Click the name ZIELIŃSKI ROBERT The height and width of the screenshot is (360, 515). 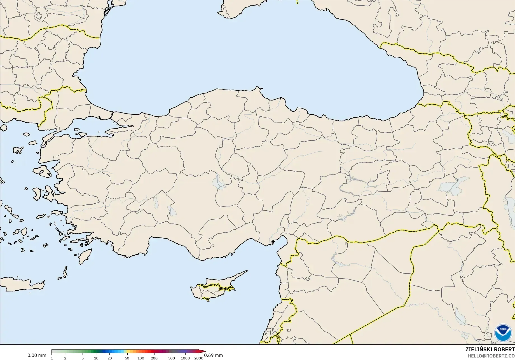tap(490, 349)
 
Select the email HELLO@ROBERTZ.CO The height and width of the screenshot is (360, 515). tap(491, 356)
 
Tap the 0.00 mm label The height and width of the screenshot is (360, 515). tap(37, 355)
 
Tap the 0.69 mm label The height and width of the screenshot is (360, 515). tap(214, 355)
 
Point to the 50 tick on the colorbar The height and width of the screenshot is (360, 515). tap(127, 358)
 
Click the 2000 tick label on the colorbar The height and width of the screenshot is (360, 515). tap(199, 358)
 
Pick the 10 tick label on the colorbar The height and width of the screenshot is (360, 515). tap(96, 358)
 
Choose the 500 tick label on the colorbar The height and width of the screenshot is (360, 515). tap(172, 358)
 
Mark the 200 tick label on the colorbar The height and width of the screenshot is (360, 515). tap(154, 358)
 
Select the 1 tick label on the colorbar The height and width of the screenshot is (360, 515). tap(52, 358)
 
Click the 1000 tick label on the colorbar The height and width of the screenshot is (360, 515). tap(185, 358)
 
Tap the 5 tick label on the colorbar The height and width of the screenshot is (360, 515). tap(83, 358)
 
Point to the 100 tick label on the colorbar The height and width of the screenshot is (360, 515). tap(141, 358)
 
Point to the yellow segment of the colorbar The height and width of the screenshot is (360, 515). tap(127, 352)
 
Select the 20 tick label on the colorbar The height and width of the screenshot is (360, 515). tap(110, 358)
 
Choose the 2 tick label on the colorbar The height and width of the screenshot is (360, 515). tap(65, 358)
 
